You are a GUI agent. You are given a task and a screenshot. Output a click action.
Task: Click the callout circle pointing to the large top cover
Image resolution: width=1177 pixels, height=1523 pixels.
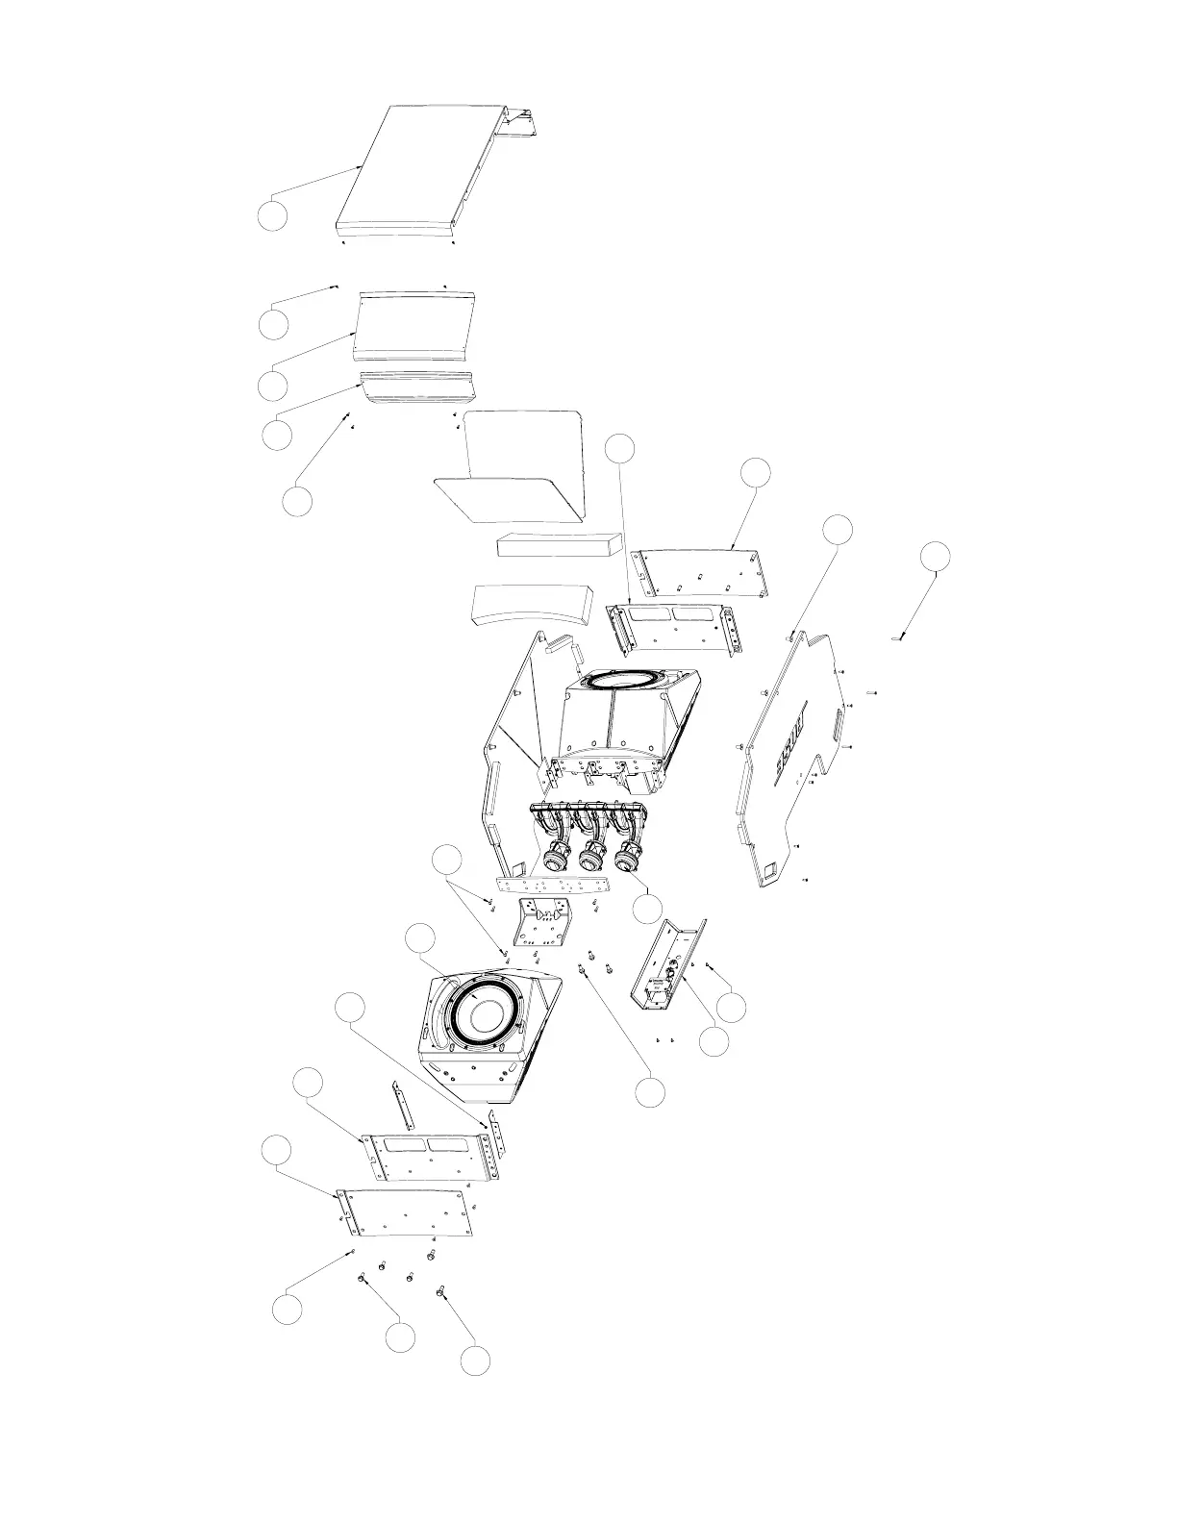pos(272,216)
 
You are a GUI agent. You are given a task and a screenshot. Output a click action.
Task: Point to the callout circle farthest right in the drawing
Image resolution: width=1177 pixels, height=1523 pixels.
pos(935,557)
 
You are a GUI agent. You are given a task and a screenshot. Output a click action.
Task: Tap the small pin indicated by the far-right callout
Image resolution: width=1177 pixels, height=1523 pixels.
pos(897,637)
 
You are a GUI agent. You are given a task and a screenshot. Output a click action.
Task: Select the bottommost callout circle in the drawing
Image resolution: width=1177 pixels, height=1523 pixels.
pos(474,1361)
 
